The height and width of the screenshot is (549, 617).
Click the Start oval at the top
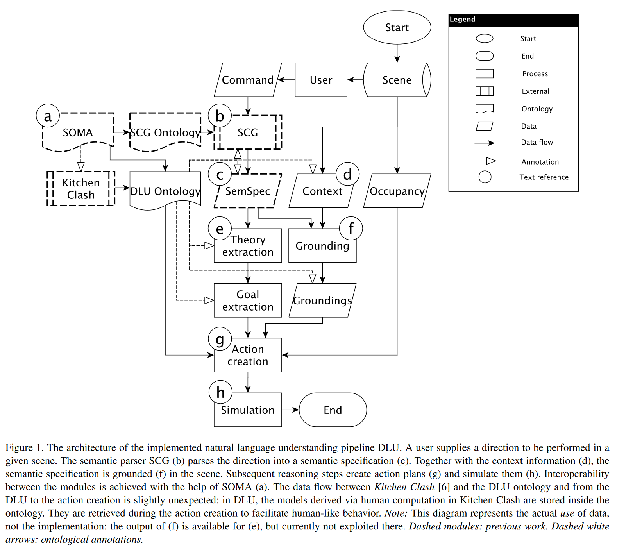point(397,27)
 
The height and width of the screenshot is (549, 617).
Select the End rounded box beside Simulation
point(333,410)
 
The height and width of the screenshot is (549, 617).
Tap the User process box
point(321,80)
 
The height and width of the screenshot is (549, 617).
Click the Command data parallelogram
point(248,80)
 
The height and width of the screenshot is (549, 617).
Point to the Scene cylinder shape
point(397,80)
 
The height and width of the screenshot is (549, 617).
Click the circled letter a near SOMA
point(48,116)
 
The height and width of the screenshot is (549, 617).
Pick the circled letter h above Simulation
point(220,392)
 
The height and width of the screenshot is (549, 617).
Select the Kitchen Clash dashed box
point(81,188)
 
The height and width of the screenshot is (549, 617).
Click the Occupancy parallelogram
point(397,191)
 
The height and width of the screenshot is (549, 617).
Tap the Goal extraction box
point(248,300)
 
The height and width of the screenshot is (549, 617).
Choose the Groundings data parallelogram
point(322,300)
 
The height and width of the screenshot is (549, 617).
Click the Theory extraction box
point(248,246)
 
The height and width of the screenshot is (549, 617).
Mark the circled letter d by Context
point(347,174)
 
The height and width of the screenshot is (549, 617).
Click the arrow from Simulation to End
point(290,410)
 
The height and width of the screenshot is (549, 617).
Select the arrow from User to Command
point(286,80)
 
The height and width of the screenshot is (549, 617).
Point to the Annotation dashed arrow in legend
point(485,161)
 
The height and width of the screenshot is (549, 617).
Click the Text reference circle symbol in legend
point(485,177)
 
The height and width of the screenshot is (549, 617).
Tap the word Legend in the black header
point(462,20)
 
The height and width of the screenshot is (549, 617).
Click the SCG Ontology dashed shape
point(165,132)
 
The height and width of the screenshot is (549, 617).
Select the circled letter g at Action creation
point(220,339)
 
